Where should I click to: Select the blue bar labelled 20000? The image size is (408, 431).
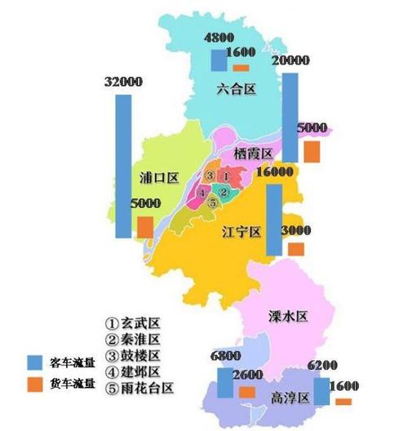290,117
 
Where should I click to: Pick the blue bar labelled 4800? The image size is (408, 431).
219,61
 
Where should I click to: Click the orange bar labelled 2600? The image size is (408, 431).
247,393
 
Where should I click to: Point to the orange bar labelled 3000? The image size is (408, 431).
295,249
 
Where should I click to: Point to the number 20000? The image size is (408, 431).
291,61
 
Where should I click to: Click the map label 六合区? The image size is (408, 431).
237,90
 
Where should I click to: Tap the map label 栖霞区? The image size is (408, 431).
252,153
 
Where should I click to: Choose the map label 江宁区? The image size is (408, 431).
241,231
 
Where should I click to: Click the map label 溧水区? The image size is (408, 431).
289,316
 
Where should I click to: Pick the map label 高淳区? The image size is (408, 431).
290,398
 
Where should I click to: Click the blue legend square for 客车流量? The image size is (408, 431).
34,362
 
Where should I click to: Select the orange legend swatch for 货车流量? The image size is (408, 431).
34,384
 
